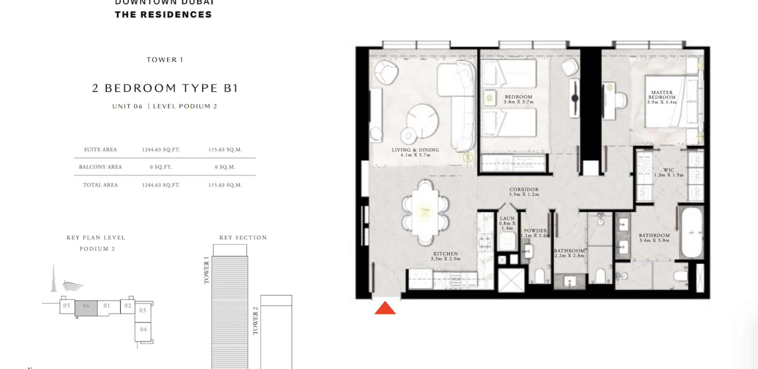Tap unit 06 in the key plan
point(86,308)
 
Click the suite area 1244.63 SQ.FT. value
point(161,150)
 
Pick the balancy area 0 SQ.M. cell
point(225,167)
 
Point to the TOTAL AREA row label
point(100,185)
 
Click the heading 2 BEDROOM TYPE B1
point(165,88)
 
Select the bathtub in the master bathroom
point(691,232)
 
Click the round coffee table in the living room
point(422,121)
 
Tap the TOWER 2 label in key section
point(255,320)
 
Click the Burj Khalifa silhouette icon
point(54,278)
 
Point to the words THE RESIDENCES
point(163,15)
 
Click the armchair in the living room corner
point(386,72)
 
